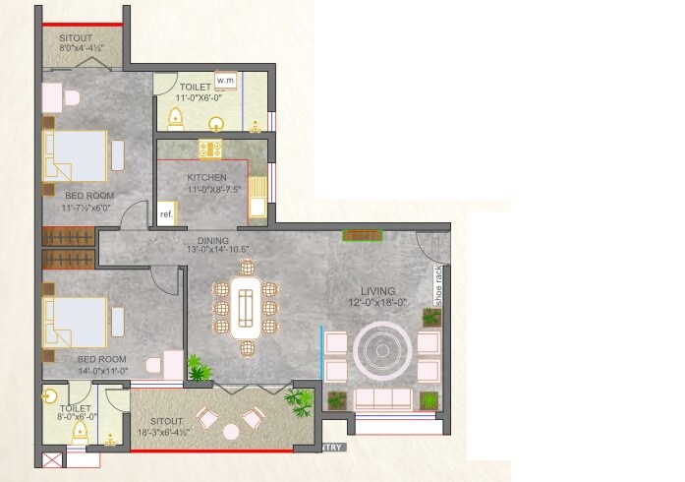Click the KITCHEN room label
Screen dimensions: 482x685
pyautogui.click(x=207, y=178)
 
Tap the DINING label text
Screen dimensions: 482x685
pyautogui.click(x=212, y=240)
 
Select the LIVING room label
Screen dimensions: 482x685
pyautogui.click(x=377, y=291)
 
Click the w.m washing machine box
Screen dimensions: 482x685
pyautogui.click(x=226, y=80)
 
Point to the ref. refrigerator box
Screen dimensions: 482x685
pyautogui.click(x=166, y=214)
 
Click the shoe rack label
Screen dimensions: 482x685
pyautogui.click(x=439, y=288)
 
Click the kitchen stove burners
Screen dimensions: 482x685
pyautogui.click(x=210, y=149)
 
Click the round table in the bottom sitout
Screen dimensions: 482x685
pyautogui.click(x=231, y=430)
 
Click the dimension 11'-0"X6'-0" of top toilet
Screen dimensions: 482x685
pyautogui.click(x=200, y=99)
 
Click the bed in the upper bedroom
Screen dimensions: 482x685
pyautogui.click(x=75, y=157)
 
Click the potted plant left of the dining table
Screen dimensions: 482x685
pyautogui.click(x=200, y=368)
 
